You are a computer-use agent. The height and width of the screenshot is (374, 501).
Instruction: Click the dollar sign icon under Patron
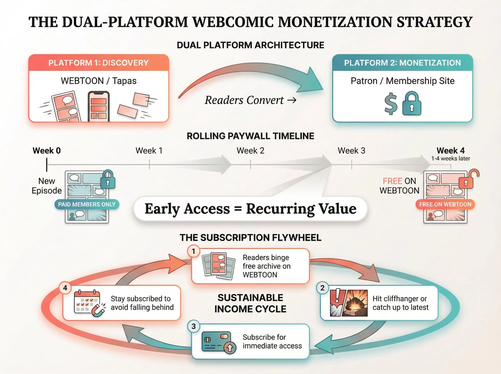click(391, 104)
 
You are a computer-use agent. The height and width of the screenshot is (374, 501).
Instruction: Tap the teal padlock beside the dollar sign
click(412, 104)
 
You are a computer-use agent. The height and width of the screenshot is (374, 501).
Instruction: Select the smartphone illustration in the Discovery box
click(99, 106)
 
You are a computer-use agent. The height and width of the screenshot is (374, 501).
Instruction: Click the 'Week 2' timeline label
click(250, 151)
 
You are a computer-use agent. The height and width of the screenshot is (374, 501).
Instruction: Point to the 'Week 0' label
click(47, 151)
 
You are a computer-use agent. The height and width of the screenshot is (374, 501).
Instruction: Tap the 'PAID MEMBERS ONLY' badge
click(87, 204)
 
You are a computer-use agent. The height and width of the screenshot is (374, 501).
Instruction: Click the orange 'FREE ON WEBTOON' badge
click(445, 204)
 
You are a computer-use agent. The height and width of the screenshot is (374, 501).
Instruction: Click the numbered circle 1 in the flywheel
click(193, 251)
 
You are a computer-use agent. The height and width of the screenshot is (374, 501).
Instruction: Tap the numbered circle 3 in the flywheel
click(194, 326)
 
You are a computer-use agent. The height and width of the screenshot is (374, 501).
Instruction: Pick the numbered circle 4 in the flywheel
click(65, 288)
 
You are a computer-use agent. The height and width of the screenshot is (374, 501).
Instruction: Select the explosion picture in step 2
click(355, 303)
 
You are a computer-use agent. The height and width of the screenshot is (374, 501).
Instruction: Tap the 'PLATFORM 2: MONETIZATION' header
click(402, 63)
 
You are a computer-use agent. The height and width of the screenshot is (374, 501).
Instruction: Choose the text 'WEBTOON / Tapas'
click(99, 81)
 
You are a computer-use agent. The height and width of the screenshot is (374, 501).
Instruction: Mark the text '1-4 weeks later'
click(450, 159)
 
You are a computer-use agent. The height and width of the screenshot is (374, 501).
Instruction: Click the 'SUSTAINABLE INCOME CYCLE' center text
click(250, 303)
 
